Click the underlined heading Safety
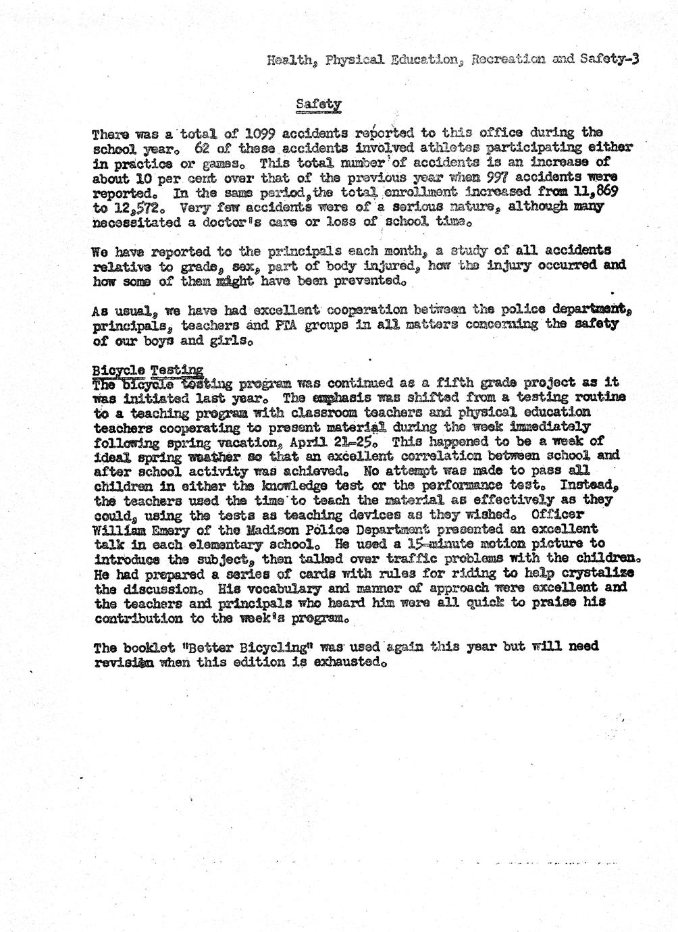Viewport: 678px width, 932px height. click(319, 105)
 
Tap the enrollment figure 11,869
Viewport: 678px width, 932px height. click(596, 191)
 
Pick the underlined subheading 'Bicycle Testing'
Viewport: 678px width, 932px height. click(147, 370)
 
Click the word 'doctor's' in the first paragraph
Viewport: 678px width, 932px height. click(260, 221)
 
